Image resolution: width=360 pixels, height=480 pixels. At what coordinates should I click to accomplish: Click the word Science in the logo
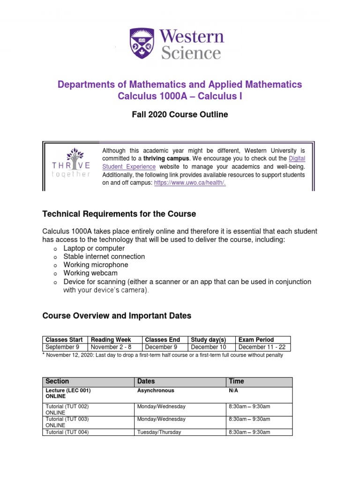coord(191,53)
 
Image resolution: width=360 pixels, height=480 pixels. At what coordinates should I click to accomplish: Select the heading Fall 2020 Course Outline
coord(180,114)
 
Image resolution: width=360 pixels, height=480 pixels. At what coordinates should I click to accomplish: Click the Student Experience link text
coord(129,166)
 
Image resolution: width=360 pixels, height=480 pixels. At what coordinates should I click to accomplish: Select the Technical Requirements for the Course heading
coord(119,214)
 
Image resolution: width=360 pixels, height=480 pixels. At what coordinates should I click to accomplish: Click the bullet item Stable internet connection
coord(104,256)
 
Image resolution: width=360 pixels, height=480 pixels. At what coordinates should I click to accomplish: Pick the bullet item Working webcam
coord(90,273)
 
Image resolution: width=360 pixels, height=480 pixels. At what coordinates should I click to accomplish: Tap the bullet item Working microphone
coord(96,265)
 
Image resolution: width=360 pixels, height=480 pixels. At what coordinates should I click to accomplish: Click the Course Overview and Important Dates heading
coord(117,315)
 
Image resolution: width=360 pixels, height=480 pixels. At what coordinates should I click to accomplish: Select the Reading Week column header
coord(111,339)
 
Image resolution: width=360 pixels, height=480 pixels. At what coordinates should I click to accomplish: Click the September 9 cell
coord(62,347)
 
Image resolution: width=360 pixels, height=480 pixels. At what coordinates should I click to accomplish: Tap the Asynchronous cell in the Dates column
coord(156,390)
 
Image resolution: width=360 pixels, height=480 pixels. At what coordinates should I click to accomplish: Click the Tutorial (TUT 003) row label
coord(67,419)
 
